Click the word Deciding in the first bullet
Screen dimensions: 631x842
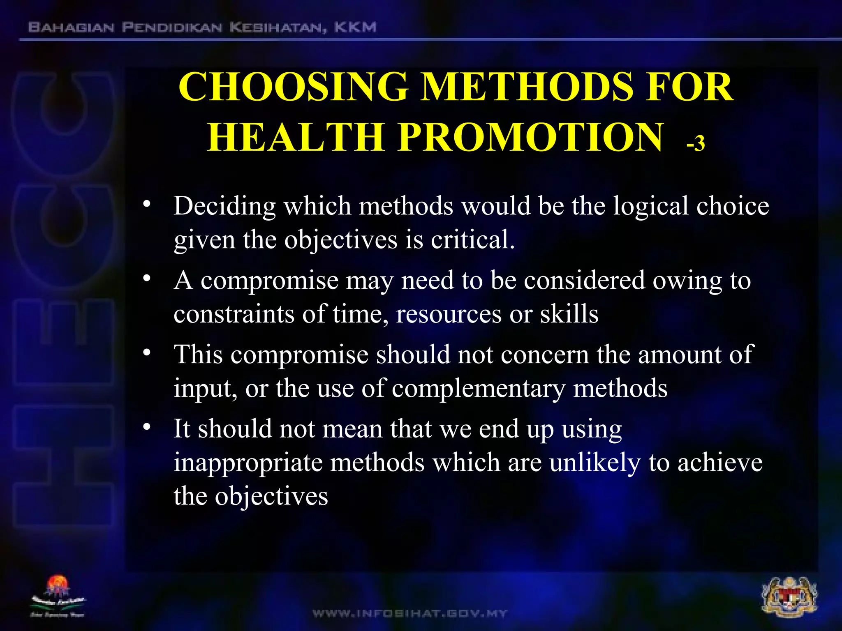tap(224, 206)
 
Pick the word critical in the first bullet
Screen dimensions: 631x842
tap(472, 240)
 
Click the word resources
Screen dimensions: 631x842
tap(449, 314)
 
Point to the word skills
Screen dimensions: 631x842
tap(569, 314)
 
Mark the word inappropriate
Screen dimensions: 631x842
tap(248, 463)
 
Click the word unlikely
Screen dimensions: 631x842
tap(595, 463)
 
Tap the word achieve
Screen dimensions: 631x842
tap(720, 463)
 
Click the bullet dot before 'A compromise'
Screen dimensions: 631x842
tap(147, 278)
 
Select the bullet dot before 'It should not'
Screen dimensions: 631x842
tap(147, 427)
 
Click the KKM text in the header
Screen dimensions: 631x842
tap(355, 28)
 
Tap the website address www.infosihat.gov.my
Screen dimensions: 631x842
tap(410, 614)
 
